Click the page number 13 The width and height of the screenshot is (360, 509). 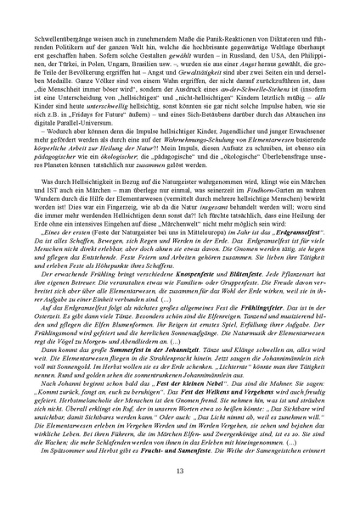click(180, 472)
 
